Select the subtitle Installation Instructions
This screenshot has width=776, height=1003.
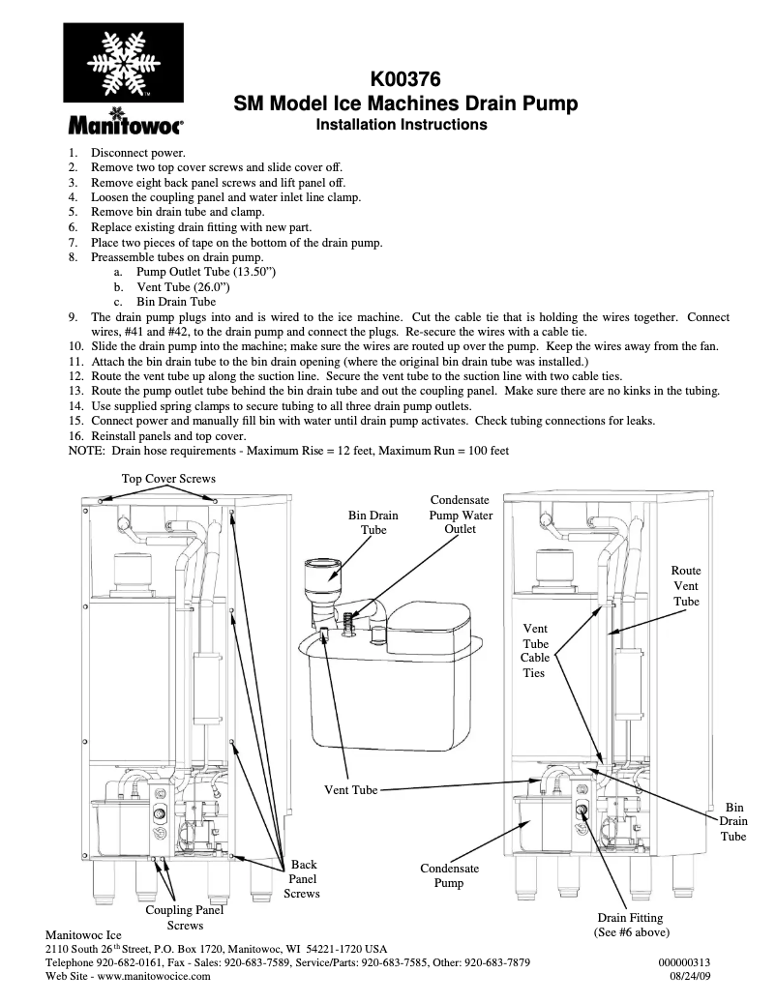402,125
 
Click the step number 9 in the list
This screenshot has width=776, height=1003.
74,317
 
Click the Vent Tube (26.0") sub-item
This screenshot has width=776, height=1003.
184,287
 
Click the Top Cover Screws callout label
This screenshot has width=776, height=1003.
168,479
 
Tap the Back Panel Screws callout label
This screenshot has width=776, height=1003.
301,879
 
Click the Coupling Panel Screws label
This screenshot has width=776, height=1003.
184,917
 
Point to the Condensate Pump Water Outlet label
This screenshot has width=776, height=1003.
461,515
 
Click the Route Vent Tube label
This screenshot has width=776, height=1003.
686,586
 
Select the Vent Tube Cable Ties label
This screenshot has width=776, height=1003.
535,651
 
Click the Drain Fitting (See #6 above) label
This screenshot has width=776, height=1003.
631,925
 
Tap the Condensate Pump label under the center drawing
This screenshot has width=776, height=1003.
449,875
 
